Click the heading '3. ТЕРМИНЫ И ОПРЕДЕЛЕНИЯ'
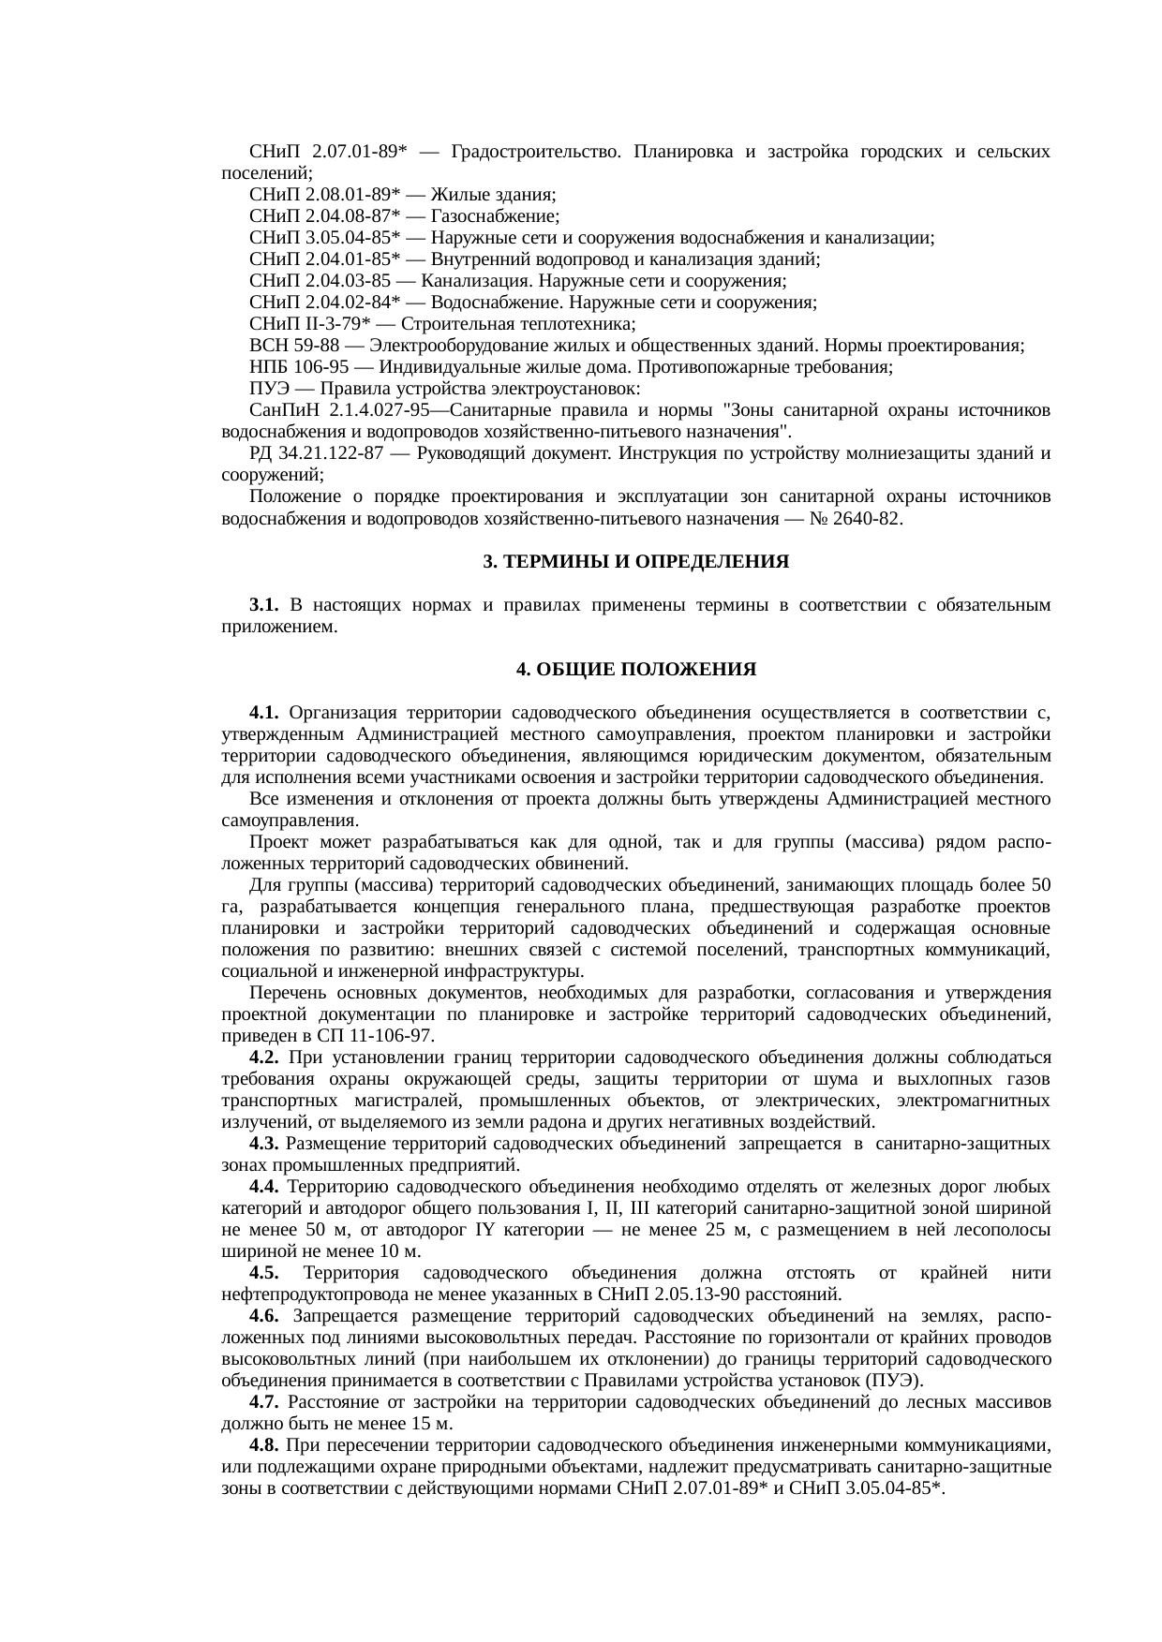635,562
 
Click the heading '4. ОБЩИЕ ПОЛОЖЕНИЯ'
635,670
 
